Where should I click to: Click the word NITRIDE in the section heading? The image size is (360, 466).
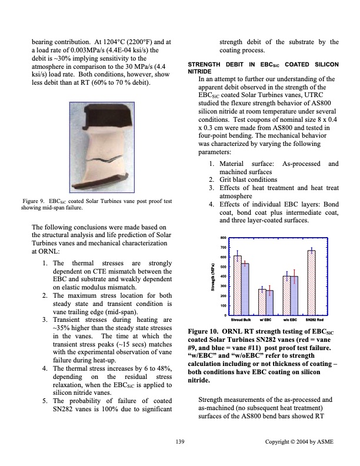(198, 71)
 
